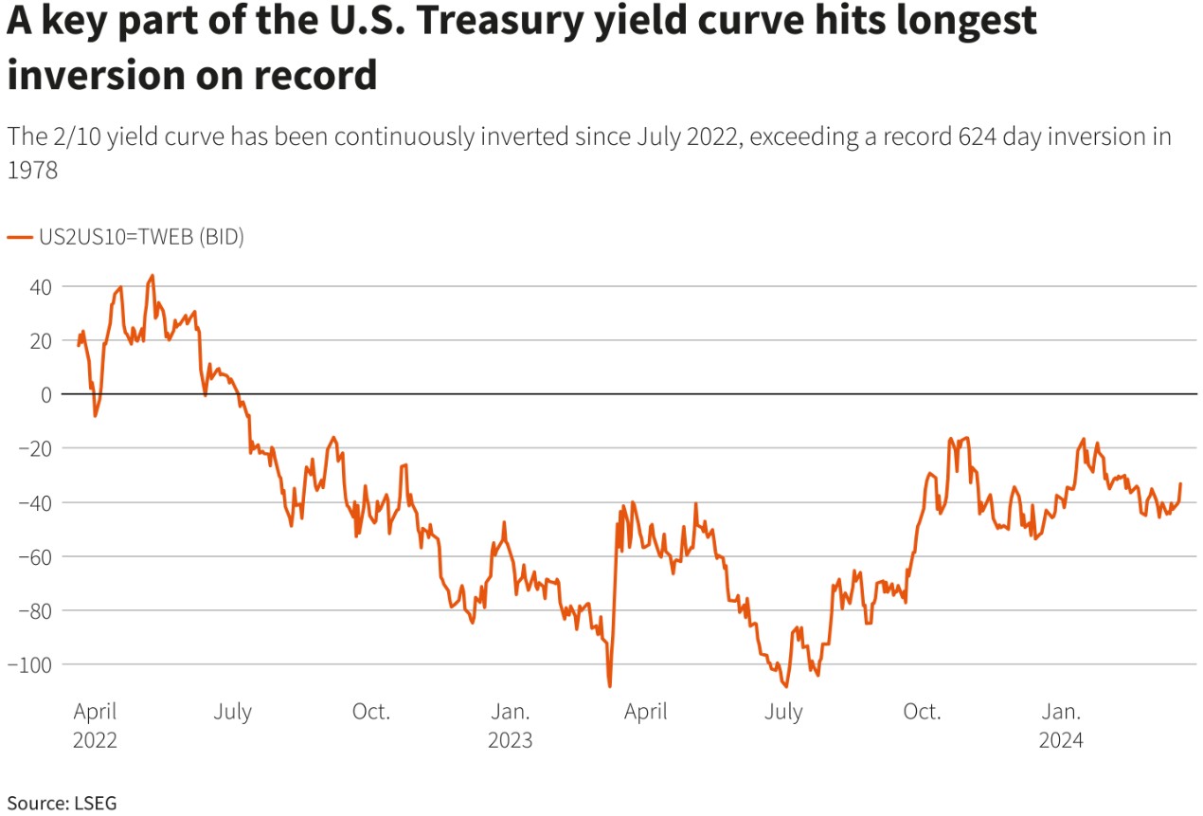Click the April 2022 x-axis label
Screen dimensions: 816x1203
pos(95,726)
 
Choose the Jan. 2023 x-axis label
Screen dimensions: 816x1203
pos(511,726)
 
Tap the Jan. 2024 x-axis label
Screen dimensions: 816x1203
pos(1061,726)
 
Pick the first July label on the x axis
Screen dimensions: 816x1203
pos(232,712)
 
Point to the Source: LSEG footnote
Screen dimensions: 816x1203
pos(62,803)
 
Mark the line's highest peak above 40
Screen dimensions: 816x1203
pos(153,276)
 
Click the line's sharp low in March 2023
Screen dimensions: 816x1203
pos(609,686)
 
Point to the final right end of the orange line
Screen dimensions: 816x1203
pos(1180,484)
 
